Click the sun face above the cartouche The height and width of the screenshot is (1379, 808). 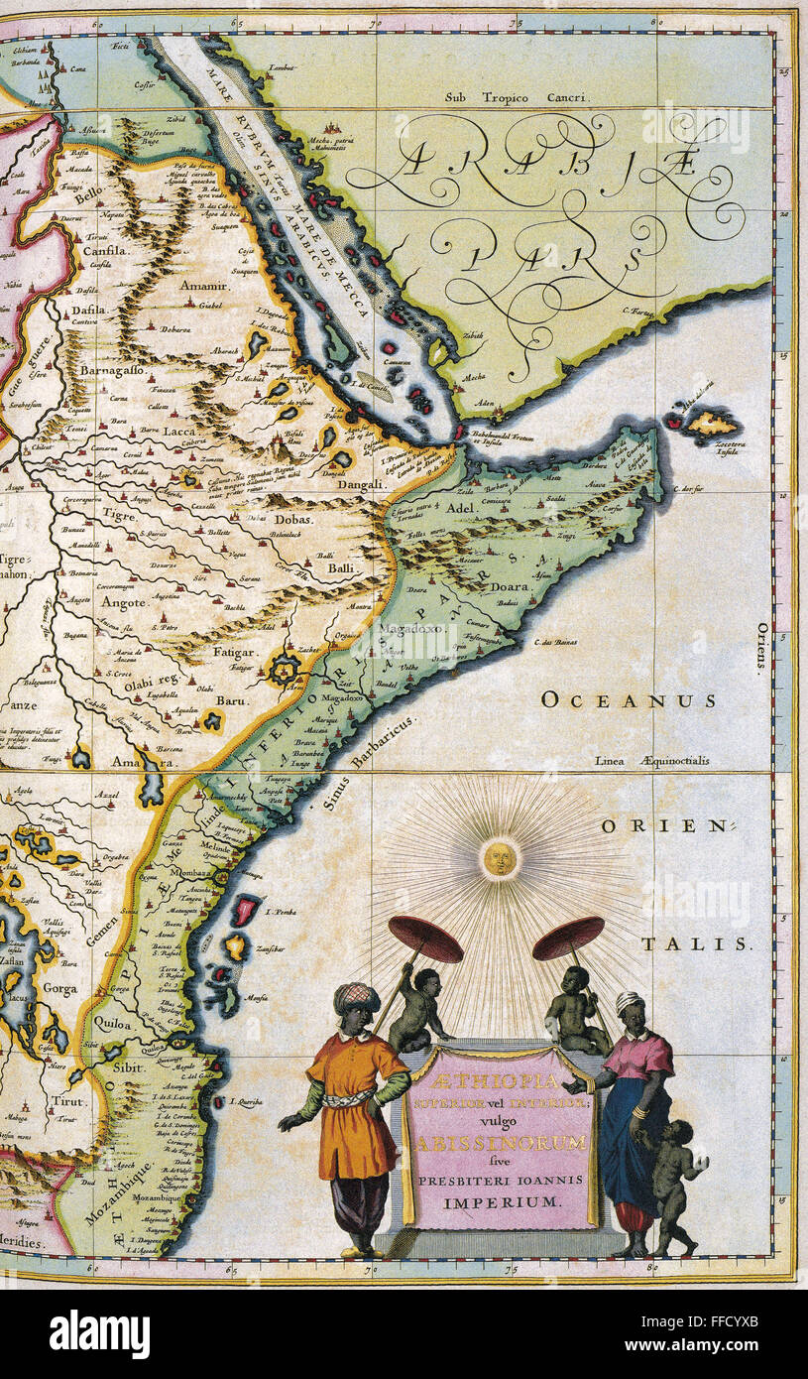pyautogui.click(x=501, y=858)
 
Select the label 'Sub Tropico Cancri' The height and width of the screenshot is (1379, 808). pyautogui.click(x=516, y=98)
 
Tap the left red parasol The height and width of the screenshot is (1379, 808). pyautogui.click(x=425, y=939)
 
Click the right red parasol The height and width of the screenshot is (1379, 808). pyautogui.click(x=568, y=937)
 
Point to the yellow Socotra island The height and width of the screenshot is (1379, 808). pyautogui.click(x=711, y=425)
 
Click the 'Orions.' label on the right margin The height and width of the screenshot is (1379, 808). pyautogui.click(x=761, y=649)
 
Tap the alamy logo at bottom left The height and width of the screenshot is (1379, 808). pyautogui.click(x=99, y=1333)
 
